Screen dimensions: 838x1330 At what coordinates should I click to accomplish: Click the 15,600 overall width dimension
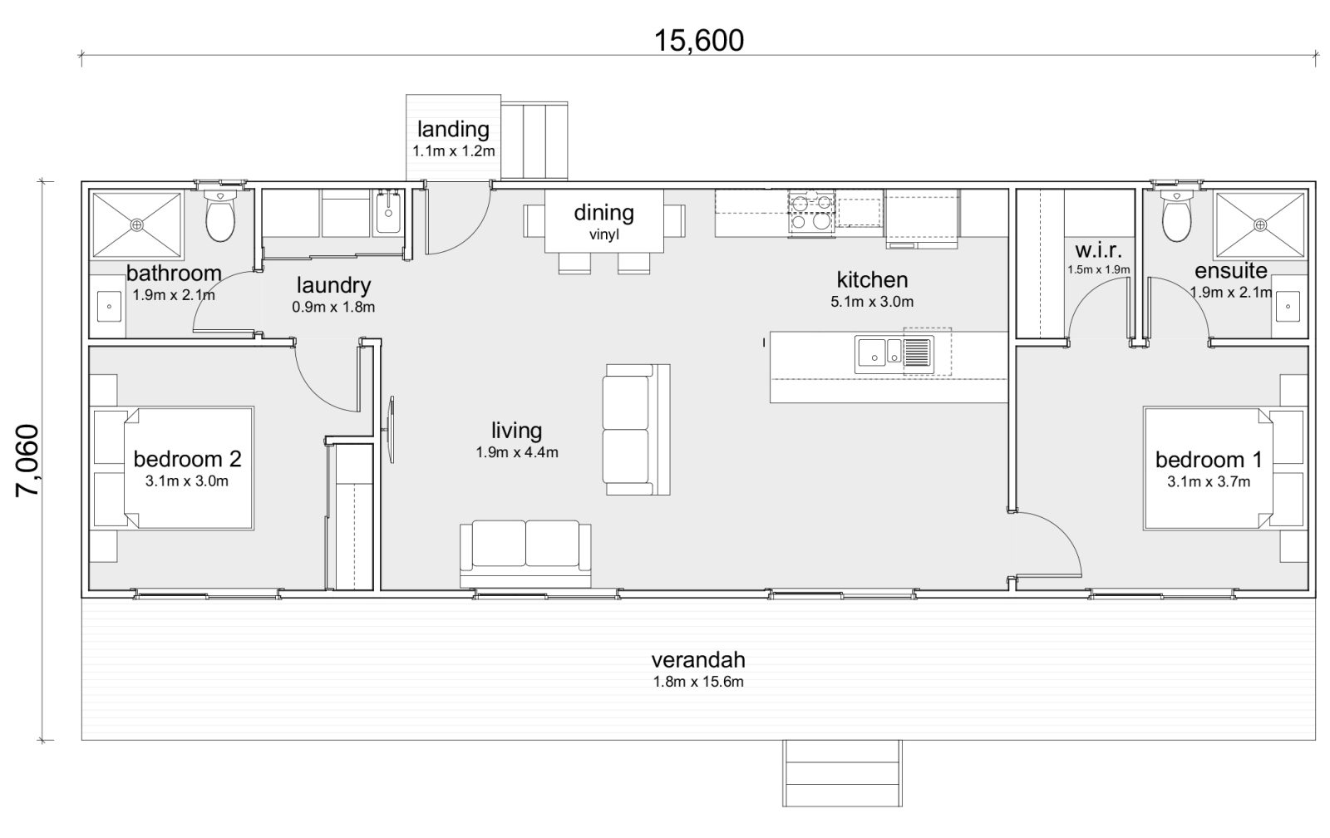point(698,40)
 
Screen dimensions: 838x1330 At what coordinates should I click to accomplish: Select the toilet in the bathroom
point(220,216)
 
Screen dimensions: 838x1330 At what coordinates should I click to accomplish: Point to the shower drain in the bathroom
point(137,224)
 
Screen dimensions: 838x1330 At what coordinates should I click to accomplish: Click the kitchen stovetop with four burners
point(810,210)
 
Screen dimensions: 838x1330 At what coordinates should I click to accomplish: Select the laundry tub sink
point(388,211)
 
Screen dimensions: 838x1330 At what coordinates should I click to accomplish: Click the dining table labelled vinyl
point(604,221)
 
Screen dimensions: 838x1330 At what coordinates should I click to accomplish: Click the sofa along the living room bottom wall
point(525,553)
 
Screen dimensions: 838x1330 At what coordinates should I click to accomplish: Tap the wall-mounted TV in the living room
point(391,429)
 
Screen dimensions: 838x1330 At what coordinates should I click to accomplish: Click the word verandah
point(697,661)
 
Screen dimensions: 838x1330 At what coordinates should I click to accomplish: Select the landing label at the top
point(453,130)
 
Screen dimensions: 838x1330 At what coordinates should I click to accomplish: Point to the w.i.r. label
point(1099,250)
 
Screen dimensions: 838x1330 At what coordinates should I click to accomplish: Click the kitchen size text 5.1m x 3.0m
point(871,302)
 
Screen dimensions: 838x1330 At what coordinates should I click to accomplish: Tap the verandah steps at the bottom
point(841,773)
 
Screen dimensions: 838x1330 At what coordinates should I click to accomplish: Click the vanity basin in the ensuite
point(1288,307)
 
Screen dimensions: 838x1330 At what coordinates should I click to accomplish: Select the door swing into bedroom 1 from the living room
point(1047,545)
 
